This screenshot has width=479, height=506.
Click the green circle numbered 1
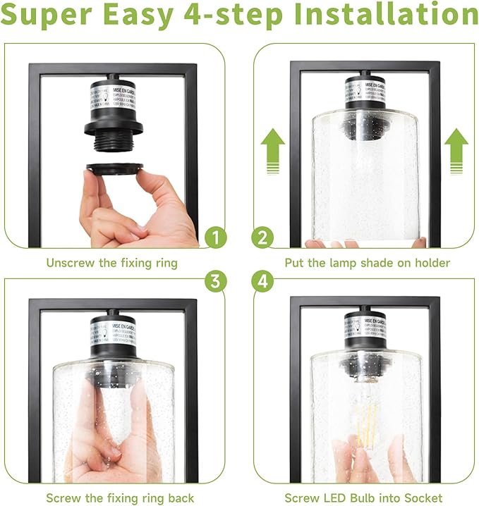coord(214,237)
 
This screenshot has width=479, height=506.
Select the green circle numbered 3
coord(214,281)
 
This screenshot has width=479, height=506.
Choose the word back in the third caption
coord(179,498)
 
